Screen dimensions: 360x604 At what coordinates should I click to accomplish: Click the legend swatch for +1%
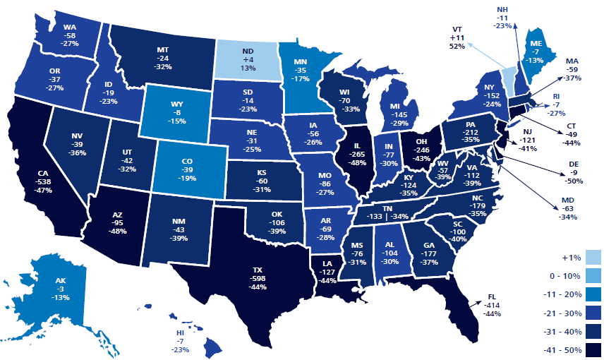pyautogui.click(x=591, y=258)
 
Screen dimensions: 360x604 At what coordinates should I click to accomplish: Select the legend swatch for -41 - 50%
pyautogui.click(x=591, y=349)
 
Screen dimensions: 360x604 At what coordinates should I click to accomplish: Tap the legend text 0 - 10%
pyautogui.click(x=560, y=276)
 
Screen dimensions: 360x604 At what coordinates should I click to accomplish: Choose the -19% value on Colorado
pyautogui.click(x=187, y=179)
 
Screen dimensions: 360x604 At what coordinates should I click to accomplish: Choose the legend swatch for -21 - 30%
pyautogui.click(x=591, y=313)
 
